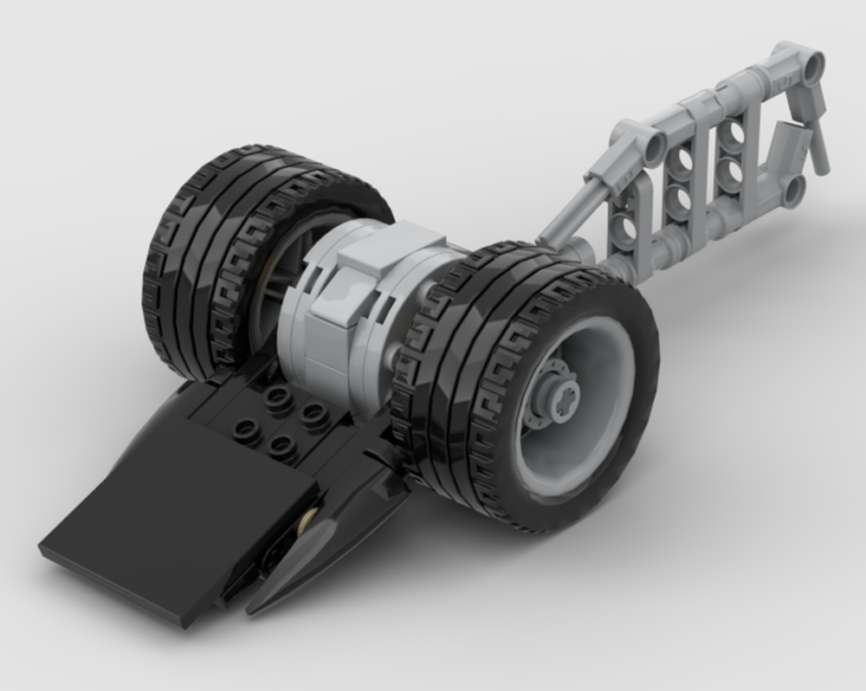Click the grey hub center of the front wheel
(555, 399)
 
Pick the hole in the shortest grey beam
(622, 227)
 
